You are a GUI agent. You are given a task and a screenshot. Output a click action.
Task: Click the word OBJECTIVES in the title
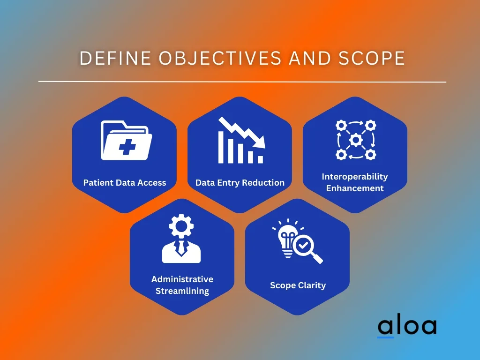[220, 58]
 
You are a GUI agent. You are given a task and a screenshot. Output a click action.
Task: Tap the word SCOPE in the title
[372, 58]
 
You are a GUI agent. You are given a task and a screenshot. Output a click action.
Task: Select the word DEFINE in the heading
[115, 58]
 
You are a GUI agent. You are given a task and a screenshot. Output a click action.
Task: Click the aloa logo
[407, 327]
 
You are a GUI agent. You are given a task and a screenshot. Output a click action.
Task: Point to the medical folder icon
[127, 141]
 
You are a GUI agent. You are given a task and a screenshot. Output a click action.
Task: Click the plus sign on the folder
[127, 147]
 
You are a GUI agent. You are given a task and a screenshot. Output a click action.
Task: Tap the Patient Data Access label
[125, 183]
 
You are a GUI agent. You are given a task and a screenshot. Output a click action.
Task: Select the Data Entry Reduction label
[240, 183]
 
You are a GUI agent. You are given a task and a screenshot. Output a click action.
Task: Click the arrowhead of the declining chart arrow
[260, 142]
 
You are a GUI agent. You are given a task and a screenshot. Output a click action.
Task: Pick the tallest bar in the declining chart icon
[221, 147]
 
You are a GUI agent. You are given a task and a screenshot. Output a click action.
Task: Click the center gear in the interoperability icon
[356, 140]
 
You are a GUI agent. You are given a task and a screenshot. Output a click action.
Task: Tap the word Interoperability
[355, 177]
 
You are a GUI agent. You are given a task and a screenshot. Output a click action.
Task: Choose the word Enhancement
[355, 188]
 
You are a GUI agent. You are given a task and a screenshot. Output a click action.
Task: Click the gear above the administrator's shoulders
[181, 226]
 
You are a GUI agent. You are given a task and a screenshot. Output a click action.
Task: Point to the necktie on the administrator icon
[181, 247]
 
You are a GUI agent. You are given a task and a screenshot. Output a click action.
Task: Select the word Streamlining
[182, 291]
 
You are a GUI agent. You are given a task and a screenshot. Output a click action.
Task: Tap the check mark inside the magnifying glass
[303, 245]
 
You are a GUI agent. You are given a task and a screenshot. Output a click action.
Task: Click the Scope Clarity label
[298, 285]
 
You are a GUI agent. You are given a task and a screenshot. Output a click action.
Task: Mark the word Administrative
[182, 279]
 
